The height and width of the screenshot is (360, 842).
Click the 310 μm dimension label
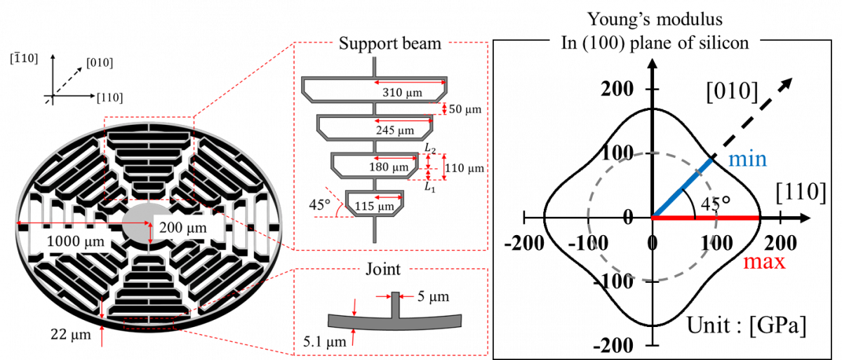[402, 93]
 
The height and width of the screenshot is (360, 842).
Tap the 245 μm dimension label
[394, 130]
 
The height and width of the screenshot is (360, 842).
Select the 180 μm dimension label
[388, 167]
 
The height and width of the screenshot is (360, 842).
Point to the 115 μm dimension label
[375, 206]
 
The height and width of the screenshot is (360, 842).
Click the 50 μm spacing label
[465, 109]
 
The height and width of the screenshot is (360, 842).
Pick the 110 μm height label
[465, 168]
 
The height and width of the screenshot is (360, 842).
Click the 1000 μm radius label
[76, 241]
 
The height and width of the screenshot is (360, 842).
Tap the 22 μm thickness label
[71, 334]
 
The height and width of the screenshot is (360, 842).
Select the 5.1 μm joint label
[325, 342]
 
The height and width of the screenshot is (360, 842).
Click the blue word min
[748, 159]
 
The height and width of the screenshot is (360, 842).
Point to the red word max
[764, 262]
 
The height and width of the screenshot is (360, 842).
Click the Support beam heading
[390, 44]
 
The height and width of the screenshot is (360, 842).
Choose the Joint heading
[383, 269]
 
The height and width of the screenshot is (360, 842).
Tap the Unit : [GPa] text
[747, 326]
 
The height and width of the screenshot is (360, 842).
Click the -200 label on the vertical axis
[613, 345]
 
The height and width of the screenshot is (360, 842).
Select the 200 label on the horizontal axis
[781, 243]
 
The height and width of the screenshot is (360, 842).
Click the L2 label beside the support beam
[430, 149]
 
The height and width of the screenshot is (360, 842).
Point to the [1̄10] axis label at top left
[24, 59]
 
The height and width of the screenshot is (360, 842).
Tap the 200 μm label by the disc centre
[182, 228]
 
